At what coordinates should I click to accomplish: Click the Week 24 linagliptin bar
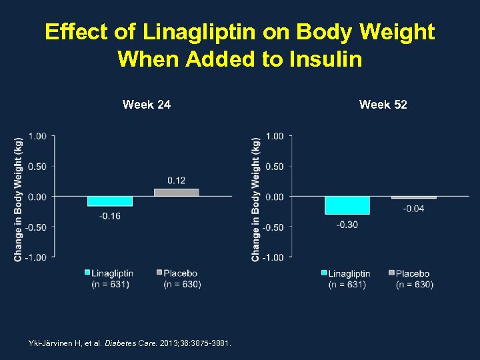(110, 201)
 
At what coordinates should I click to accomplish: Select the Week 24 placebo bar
(176, 193)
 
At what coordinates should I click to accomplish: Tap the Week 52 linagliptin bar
(347, 205)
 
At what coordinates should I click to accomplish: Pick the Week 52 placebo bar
(413, 197)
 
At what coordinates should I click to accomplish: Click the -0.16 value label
(110, 216)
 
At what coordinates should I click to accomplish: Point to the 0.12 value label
(177, 181)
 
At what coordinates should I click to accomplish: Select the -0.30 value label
(347, 225)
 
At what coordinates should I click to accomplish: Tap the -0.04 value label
(413, 209)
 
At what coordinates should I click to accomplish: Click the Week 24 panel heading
(147, 105)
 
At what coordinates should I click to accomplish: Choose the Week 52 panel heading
(383, 105)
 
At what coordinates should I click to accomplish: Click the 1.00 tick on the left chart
(37, 136)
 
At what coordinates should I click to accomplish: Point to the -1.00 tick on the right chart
(274, 257)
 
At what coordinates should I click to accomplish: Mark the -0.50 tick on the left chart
(36, 227)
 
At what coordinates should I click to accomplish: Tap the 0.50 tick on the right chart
(275, 167)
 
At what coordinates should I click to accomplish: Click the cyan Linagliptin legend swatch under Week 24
(87, 273)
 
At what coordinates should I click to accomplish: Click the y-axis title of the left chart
(18, 198)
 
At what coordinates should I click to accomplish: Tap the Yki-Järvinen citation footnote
(129, 343)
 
